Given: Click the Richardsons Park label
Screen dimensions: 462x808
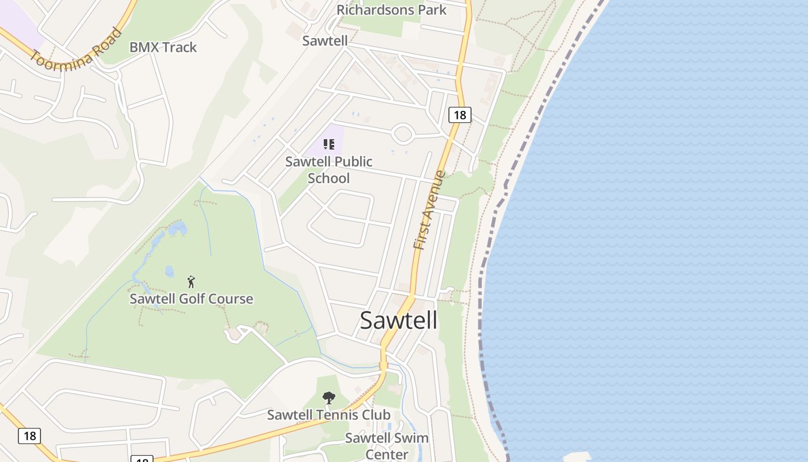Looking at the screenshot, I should pos(391,10).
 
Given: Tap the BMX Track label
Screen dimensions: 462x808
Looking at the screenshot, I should pos(163,47).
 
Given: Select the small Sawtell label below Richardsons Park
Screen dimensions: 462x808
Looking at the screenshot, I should pos(325,40).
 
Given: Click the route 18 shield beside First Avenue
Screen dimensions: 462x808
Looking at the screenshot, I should pos(459,115).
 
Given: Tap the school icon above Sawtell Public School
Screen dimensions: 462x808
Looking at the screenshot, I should pos(329,144).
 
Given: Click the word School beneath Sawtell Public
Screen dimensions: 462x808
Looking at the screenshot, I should pos(328,178).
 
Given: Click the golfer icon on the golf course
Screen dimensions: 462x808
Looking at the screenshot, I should pos(192,282).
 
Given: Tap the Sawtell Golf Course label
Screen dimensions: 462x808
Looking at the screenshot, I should pos(191,299).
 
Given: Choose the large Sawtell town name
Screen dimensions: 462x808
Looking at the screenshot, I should pos(398,321).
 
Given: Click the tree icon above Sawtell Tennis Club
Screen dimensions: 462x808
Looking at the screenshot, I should pos(329,397).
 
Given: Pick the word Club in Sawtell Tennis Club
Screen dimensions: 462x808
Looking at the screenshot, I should pos(376,415).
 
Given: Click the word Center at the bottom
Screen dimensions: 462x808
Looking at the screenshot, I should pos(387,454).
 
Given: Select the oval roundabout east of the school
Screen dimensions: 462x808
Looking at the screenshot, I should pos(403,134).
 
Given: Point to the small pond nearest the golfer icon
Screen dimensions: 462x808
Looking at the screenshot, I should pos(169,271).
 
